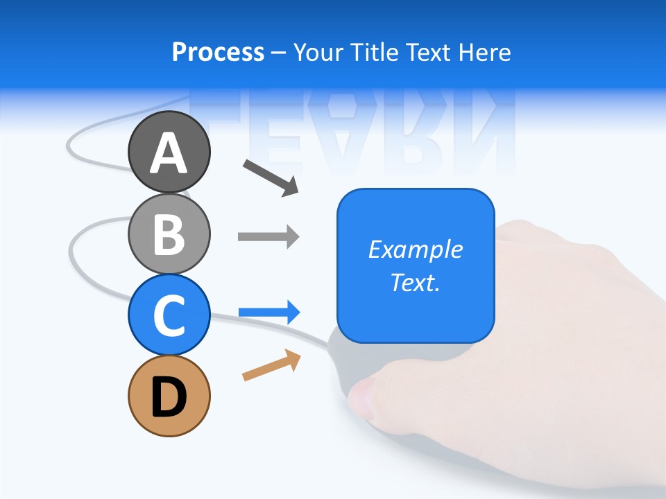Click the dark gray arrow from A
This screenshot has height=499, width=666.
point(271,177)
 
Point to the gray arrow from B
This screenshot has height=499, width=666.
point(268,237)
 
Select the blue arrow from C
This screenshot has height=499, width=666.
point(268,313)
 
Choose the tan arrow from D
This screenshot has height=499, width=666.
point(271,365)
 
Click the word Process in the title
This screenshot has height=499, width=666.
point(218,53)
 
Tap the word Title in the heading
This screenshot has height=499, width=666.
point(373,53)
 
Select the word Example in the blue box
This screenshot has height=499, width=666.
point(416,249)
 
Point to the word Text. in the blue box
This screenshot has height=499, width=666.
point(416,283)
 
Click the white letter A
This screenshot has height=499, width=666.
point(169,153)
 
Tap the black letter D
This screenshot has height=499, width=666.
point(169,397)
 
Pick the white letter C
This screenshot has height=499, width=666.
point(169,315)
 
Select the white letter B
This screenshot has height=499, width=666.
point(169,234)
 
